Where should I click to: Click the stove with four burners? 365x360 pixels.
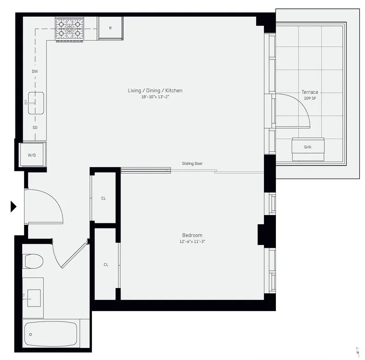69,29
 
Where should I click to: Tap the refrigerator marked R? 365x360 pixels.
110,28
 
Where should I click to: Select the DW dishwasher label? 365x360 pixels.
35,72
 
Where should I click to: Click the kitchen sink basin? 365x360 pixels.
36,102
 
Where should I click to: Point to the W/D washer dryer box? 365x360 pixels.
31,156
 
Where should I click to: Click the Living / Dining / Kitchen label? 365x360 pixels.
155,90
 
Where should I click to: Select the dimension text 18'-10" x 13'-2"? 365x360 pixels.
155,97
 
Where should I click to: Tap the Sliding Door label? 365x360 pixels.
192,163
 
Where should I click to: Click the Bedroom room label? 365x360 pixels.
192,235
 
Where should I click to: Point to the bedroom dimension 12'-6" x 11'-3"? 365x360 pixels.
192,241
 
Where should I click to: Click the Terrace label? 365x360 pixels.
310,92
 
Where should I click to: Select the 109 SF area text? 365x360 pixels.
310,98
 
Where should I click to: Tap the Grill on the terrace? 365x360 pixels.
307,147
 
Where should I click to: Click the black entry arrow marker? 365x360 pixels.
13,206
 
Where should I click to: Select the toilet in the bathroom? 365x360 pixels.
33,261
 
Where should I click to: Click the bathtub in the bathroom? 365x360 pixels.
50,334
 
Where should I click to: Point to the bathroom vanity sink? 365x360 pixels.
34,295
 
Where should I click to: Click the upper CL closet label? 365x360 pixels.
103,198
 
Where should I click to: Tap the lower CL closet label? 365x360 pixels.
106,264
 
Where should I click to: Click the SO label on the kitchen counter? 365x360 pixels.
35,127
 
